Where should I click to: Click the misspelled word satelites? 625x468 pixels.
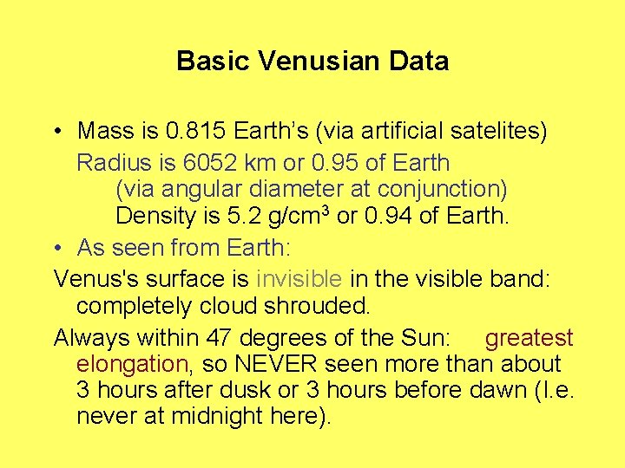[x=498, y=132]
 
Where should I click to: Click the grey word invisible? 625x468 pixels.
[x=299, y=279]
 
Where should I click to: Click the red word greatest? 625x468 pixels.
[x=530, y=338]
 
